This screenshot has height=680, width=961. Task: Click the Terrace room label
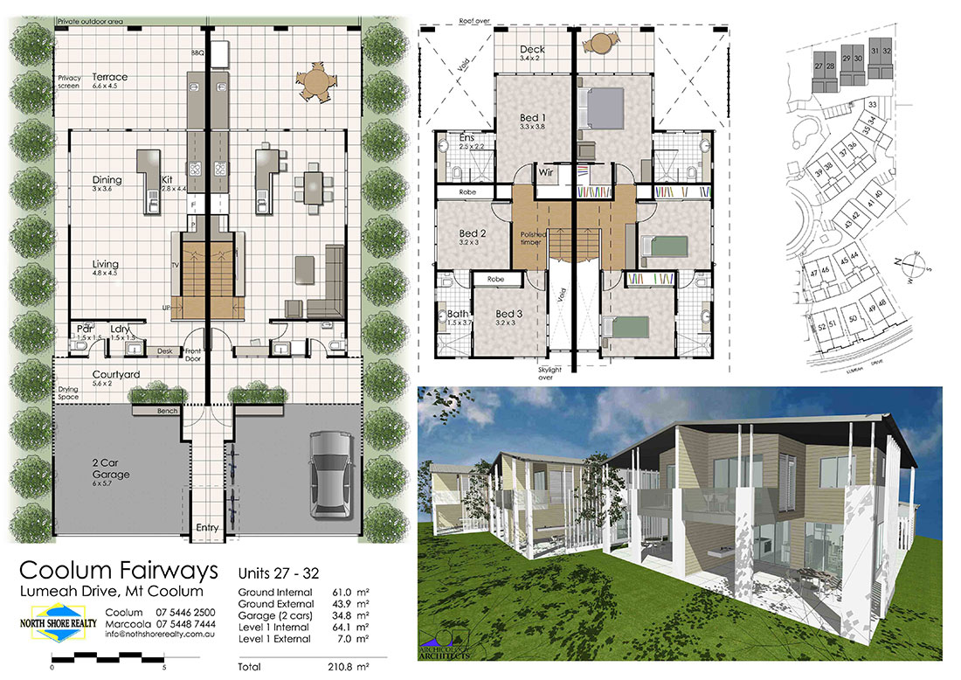click(110, 77)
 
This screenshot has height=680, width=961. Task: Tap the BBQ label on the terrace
click(197, 54)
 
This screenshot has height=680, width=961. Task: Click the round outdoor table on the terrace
click(316, 84)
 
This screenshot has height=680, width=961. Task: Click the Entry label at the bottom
click(207, 528)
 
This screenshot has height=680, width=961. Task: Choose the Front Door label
click(194, 355)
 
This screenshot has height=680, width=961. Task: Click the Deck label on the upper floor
click(532, 50)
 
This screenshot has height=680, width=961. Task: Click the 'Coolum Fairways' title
click(119, 572)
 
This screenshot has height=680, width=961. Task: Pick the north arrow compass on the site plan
click(915, 261)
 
